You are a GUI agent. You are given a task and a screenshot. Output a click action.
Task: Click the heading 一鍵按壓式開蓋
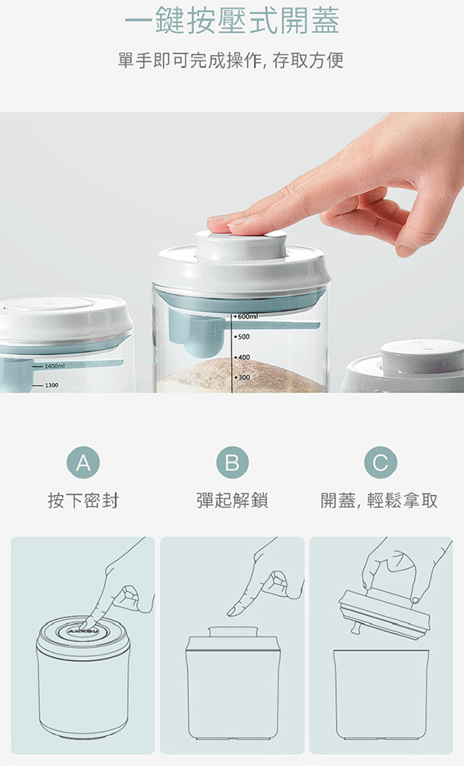coord(232,22)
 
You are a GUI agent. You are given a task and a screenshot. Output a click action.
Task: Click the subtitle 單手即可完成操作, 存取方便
coord(231,60)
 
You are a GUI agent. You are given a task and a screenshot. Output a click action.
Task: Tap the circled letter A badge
coord(83,462)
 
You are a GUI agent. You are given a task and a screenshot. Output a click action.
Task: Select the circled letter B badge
coord(233,462)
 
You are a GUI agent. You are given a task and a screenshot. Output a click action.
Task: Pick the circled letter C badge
coord(380,462)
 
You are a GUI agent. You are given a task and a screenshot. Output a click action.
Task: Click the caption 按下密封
coord(83,501)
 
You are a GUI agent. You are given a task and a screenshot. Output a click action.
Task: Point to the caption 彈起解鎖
coord(233,501)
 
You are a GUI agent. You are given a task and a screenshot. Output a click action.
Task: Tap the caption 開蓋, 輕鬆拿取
coord(379,501)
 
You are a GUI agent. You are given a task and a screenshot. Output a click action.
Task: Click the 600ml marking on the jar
coord(246,316)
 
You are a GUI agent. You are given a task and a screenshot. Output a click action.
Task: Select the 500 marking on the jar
coord(243,337)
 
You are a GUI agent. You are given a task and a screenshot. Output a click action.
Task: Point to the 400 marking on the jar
coord(243,357)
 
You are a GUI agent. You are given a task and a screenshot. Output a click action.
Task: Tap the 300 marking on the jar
coord(243,377)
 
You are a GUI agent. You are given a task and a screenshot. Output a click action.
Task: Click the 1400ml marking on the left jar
coord(52,366)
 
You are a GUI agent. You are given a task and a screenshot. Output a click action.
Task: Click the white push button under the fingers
coord(241,246)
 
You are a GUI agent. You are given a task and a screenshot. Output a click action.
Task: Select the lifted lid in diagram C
coord(384,614)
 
